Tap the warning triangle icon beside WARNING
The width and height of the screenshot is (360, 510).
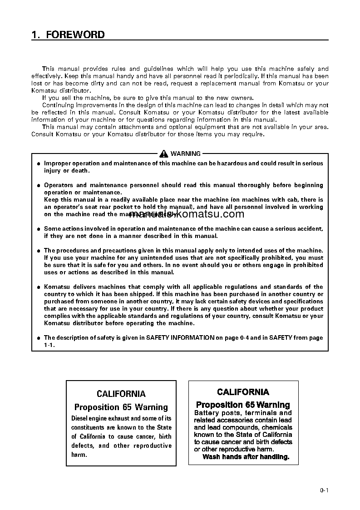[x=164, y=154]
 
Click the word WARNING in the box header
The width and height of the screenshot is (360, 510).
[x=185, y=154]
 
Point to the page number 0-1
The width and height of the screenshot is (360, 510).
[x=324, y=490]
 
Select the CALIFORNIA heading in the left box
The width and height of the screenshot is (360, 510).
[x=121, y=394]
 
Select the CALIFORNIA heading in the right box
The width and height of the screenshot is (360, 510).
[x=243, y=392]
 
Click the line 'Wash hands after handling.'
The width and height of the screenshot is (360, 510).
[x=246, y=457]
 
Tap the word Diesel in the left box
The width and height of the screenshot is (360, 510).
[x=80, y=418]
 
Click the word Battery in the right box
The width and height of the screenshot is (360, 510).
[x=207, y=413]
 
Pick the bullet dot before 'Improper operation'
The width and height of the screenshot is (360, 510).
[x=39, y=163]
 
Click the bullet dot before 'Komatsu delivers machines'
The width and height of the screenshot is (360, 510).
[x=39, y=287]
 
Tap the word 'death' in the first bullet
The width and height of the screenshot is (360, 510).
[x=81, y=171]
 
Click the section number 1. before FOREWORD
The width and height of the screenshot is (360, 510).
[x=35, y=35]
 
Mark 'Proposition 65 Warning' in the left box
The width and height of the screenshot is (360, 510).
[x=121, y=407]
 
